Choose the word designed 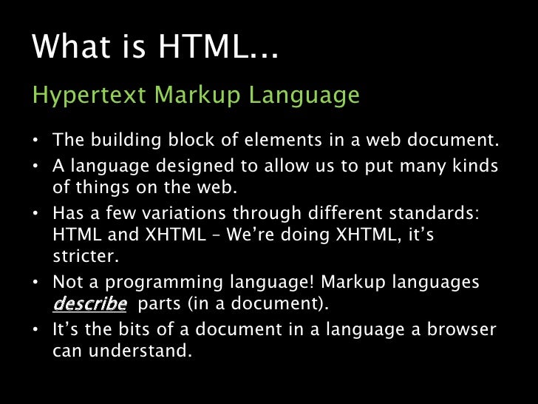[x=183, y=166]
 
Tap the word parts [x=159, y=303]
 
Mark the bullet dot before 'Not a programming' [x=35, y=283]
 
